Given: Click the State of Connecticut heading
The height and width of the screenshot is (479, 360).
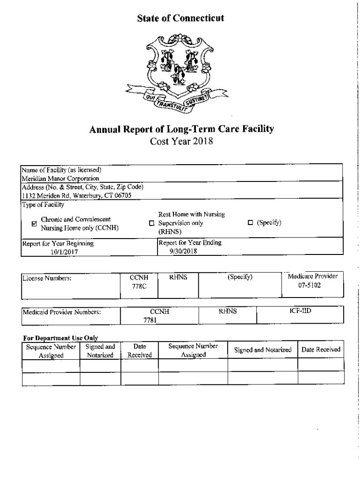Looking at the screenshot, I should [x=181, y=18].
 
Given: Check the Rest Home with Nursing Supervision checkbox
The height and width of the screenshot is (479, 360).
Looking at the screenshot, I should [x=151, y=223].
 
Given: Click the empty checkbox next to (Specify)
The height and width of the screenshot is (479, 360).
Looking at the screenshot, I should [x=250, y=223].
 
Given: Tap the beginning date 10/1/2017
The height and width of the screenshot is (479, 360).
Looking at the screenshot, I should [x=65, y=251].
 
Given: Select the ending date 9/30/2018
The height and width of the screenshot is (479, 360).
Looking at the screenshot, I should [x=185, y=251].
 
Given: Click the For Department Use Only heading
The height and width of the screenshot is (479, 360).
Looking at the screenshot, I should [x=60, y=338].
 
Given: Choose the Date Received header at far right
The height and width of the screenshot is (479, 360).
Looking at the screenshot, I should [x=321, y=349].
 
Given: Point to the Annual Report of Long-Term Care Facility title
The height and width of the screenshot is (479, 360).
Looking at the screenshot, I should [x=181, y=129].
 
